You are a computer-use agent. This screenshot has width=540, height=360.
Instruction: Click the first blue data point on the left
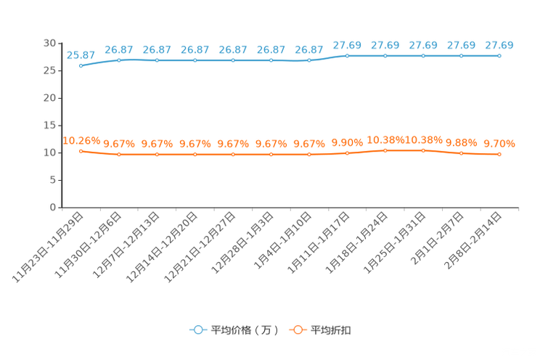coord(81,65)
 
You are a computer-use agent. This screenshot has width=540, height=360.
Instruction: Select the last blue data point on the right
coord(499,55)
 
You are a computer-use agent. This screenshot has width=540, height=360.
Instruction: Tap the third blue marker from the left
coord(157,60)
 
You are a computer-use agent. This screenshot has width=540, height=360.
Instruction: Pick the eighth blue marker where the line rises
coord(347,55)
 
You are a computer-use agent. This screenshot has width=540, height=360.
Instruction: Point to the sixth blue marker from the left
coord(271,60)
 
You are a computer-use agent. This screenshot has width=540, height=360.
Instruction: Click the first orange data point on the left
coord(81,150)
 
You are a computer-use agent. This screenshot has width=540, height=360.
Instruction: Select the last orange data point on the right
coord(499,154)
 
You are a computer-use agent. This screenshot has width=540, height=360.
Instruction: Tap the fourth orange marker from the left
coord(195,155)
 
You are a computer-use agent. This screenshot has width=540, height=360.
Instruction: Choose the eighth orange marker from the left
coord(347,153)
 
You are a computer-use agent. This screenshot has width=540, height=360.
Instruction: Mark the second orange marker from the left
coord(118,155)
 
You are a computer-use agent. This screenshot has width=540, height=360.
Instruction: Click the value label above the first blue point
coord(81,54)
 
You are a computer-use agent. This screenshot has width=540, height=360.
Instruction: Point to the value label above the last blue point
coord(499,45)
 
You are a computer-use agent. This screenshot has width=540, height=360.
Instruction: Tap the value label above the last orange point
coord(499,143)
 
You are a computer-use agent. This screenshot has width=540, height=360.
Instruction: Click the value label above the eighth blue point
coord(347,45)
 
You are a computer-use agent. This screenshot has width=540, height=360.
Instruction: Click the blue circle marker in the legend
coord(197,330)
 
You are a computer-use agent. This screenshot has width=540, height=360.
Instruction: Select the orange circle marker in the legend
coord(297,330)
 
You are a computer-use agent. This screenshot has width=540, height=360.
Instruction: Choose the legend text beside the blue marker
coord(244,330)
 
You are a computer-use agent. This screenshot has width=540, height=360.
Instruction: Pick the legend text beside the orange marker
coord(331,330)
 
